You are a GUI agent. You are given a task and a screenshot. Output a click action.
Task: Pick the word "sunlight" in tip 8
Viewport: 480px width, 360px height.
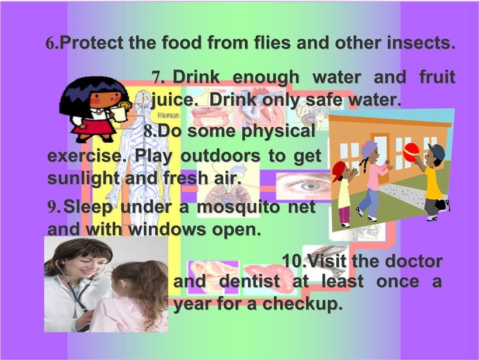[84, 178]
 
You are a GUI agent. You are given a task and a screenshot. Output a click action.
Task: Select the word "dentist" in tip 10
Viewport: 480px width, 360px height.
[249, 281]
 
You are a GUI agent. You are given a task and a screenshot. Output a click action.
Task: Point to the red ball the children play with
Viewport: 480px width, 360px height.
[412, 153]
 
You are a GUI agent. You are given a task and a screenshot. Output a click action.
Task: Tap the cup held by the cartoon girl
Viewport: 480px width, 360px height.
[120, 113]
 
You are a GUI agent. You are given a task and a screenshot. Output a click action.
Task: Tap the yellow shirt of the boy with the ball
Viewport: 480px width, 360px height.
[433, 183]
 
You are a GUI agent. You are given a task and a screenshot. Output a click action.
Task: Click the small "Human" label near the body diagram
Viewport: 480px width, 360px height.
[168, 115]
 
